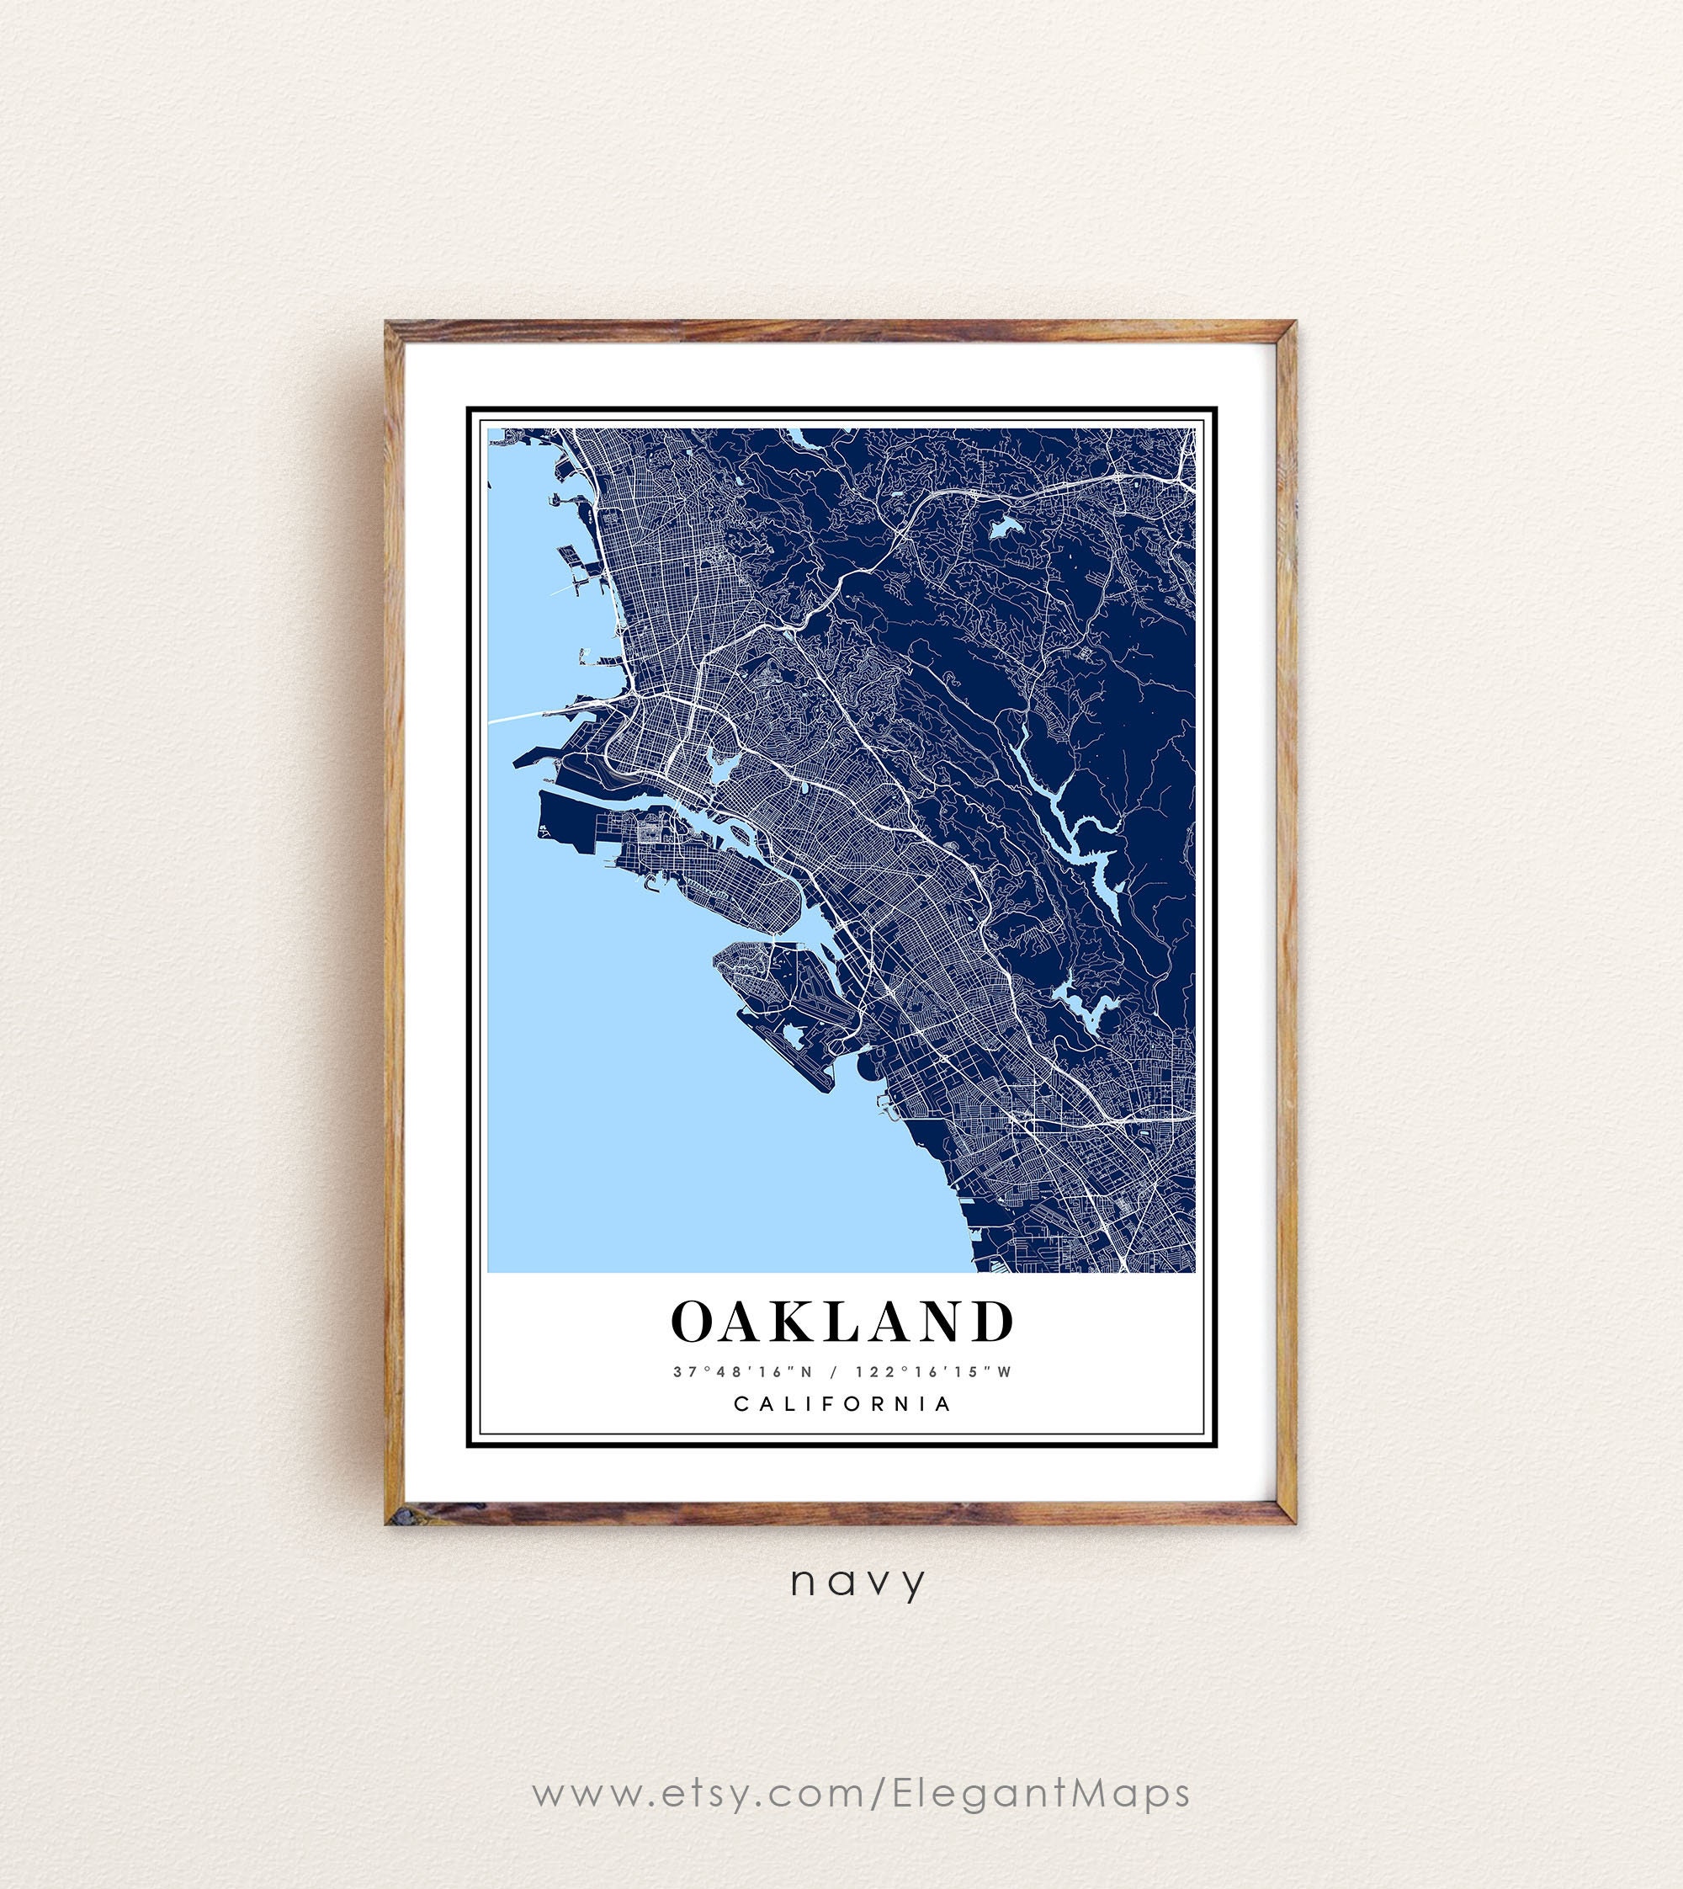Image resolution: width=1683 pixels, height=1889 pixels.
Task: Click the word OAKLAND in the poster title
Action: point(841,1321)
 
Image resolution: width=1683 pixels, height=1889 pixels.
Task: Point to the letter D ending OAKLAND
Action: point(993,1321)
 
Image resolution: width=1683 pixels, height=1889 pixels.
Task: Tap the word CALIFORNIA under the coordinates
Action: point(842,1403)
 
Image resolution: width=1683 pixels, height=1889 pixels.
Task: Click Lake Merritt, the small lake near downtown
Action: point(720,766)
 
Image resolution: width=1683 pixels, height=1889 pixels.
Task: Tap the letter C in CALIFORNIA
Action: point(740,1403)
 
